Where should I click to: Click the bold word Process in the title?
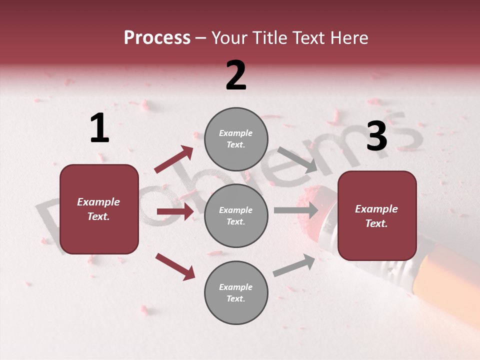click(x=157, y=38)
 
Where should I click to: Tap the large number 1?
click(x=99, y=128)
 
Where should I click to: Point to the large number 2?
click(x=236, y=75)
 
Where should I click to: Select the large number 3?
click(x=376, y=136)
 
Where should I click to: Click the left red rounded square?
click(x=99, y=209)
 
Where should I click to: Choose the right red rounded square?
click(x=377, y=216)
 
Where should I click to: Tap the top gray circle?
click(x=236, y=139)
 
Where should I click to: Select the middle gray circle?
click(x=236, y=215)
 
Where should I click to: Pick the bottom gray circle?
click(x=236, y=292)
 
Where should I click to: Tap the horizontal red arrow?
click(x=175, y=211)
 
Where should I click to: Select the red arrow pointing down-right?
click(x=175, y=266)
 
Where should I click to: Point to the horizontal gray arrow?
click(x=296, y=210)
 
